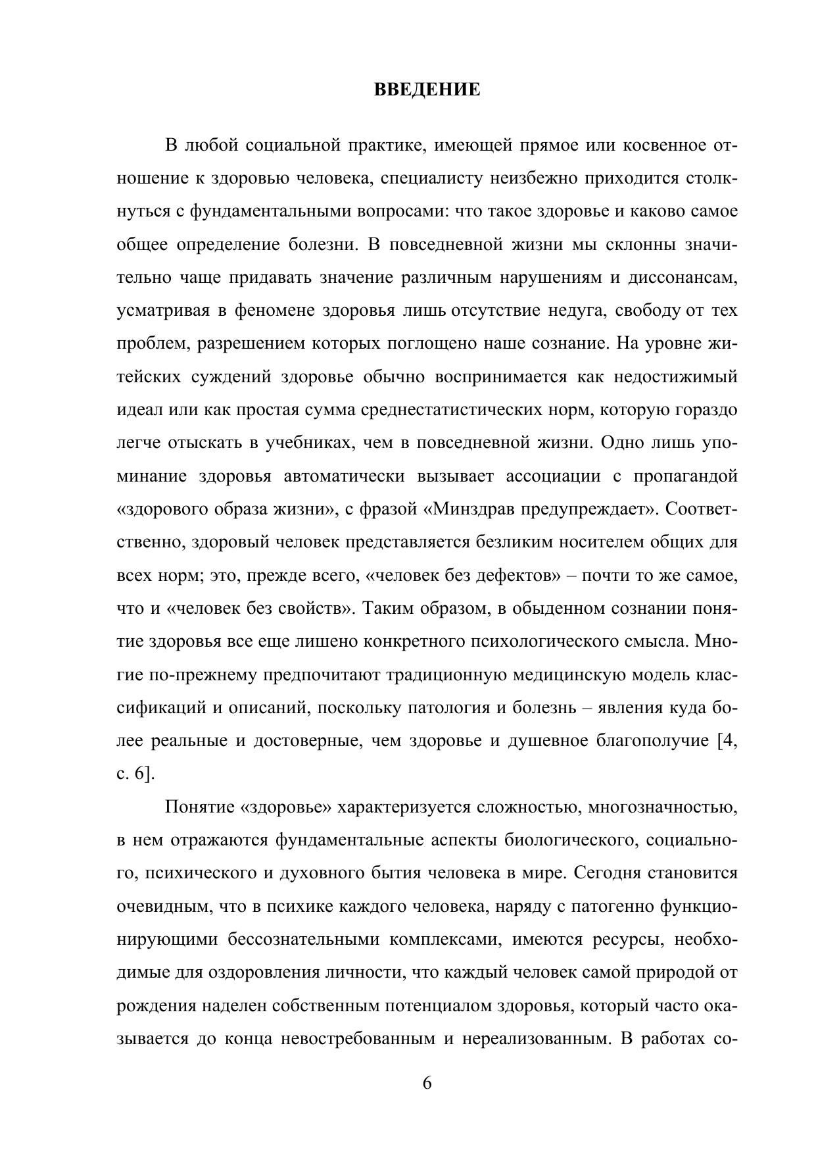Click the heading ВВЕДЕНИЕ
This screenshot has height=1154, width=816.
[x=427, y=89]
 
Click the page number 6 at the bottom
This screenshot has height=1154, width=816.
[x=427, y=1083]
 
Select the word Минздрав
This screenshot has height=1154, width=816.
[x=476, y=509]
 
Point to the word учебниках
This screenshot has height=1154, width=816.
[x=306, y=443]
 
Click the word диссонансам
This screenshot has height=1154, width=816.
[x=683, y=278]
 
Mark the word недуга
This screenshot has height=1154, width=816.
[x=576, y=311]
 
